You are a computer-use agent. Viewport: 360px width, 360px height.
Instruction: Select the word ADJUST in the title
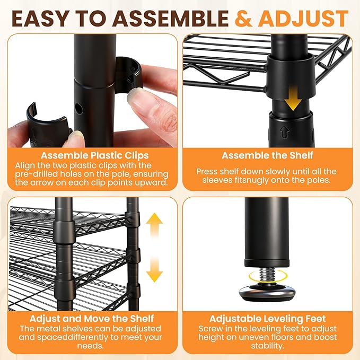point(305,19)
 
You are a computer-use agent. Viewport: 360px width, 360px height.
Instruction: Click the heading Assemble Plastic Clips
point(94,155)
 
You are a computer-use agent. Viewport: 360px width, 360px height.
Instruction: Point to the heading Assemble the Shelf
point(267,155)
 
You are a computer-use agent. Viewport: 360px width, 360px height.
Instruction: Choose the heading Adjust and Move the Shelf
point(92,319)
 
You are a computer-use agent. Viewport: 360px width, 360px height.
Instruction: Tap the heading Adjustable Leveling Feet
point(267,319)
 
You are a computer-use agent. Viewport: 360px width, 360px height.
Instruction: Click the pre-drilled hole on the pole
point(79,109)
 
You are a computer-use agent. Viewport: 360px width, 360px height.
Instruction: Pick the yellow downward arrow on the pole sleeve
point(293,98)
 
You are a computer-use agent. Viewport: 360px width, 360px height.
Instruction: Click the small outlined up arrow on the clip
point(285,132)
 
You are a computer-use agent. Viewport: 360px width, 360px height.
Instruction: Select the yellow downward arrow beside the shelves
point(154,270)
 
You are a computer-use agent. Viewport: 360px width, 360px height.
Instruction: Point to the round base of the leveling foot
point(267,292)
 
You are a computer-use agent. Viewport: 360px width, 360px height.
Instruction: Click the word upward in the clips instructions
point(151,183)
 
